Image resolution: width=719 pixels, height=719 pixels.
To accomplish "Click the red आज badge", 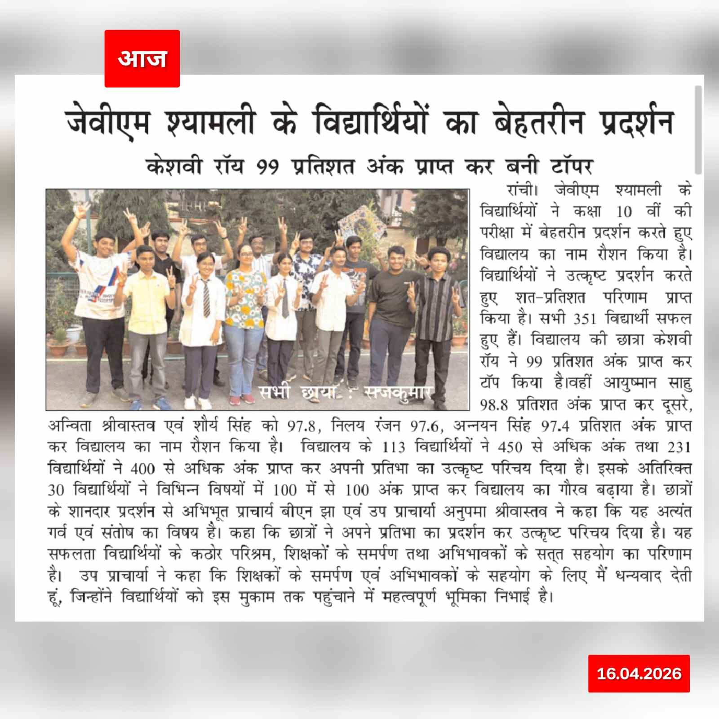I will coord(142,58).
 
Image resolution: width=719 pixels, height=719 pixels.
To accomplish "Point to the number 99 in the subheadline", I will coord(268,167).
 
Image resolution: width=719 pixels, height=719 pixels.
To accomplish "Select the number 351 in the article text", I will coord(585,319).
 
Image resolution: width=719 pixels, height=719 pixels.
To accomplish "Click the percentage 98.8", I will coord(494,405).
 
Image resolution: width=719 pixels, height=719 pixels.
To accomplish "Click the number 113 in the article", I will coord(394,447).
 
